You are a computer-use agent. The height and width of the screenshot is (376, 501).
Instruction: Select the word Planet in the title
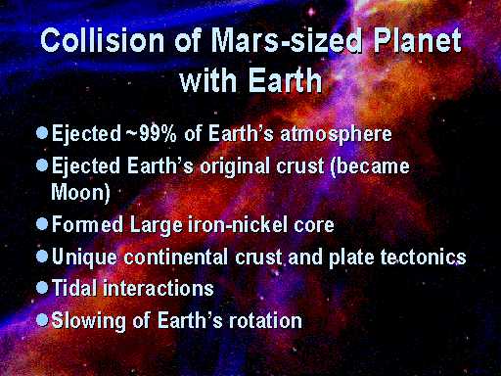(x=417, y=40)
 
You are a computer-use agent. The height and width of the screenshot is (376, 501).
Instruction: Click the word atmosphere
(x=336, y=134)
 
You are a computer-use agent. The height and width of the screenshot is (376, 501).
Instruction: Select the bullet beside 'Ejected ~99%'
(x=42, y=133)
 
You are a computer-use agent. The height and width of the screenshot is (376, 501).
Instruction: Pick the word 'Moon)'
(x=80, y=192)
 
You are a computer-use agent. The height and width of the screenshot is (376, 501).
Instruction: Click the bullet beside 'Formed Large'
(x=42, y=224)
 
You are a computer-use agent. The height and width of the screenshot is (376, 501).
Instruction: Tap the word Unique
(x=84, y=257)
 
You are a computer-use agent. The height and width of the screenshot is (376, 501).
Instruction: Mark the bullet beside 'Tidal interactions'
(x=42, y=288)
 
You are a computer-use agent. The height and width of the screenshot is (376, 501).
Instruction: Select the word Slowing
(x=88, y=320)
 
